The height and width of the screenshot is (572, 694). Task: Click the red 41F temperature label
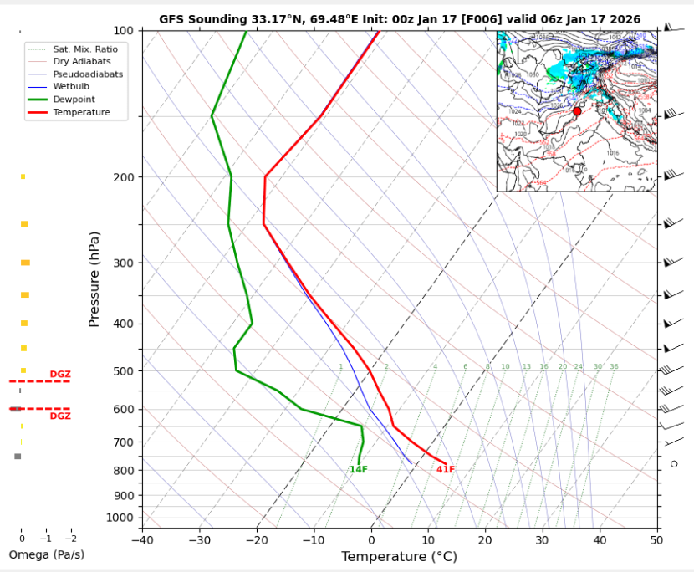pyautogui.click(x=446, y=470)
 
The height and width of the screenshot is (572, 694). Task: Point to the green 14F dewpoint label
pyautogui.click(x=359, y=470)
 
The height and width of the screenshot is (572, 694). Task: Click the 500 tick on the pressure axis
pyautogui.click(x=123, y=371)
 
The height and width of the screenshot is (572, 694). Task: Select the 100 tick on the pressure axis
pyautogui.click(x=123, y=31)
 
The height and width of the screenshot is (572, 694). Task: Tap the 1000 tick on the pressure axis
pyautogui.click(x=120, y=518)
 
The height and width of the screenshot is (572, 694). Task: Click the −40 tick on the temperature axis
pyautogui.click(x=142, y=539)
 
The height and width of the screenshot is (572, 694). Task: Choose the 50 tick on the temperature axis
pyautogui.click(x=657, y=539)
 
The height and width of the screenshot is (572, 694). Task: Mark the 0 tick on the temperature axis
pyautogui.click(x=371, y=539)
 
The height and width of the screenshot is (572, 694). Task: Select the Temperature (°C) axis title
pyautogui.click(x=399, y=557)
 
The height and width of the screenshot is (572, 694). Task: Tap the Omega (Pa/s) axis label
pyautogui.click(x=46, y=555)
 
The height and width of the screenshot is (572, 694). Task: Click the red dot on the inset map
pyautogui.click(x=577, y=111)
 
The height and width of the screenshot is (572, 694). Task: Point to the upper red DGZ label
pyautogui.click(x=60, y=375)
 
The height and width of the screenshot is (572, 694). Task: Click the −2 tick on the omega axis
pyautogui.click(x=70, y=539)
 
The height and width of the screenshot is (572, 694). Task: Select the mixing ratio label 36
pyautogui.click(x=614, y=367)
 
